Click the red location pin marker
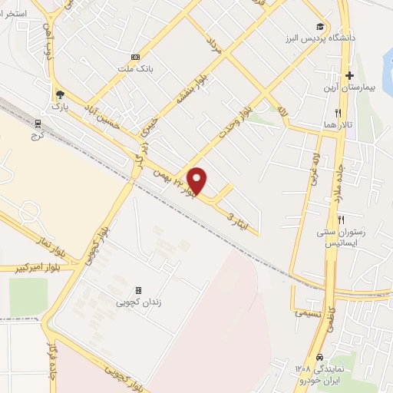198,180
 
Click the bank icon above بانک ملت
136,56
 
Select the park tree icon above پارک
59,94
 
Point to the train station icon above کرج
39,122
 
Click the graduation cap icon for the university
320,26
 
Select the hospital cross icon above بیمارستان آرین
349,75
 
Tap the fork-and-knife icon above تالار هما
327,112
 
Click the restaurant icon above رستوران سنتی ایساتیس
331,219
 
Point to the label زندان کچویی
138,303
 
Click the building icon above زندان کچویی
138,290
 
